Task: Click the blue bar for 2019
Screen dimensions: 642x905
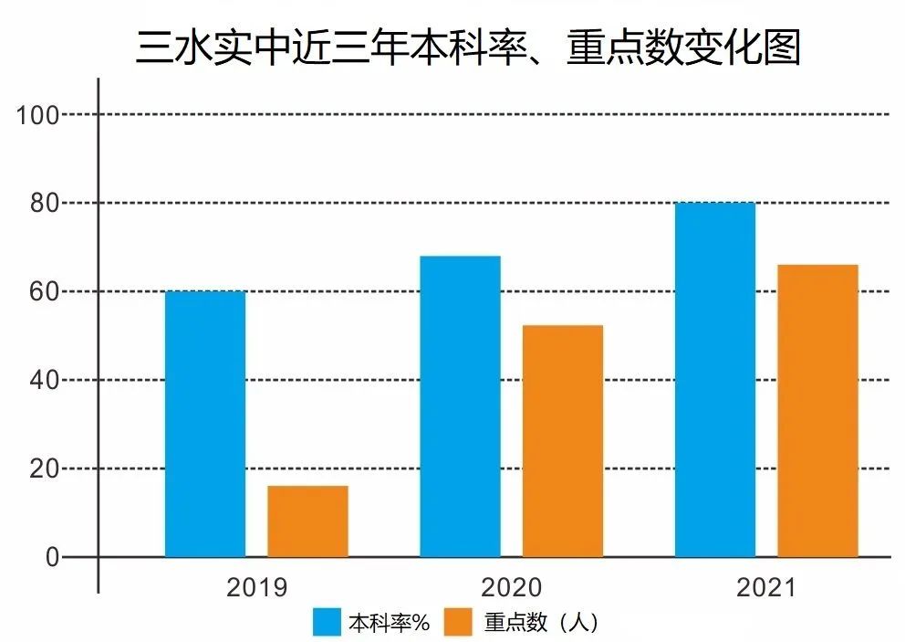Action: [205, 424]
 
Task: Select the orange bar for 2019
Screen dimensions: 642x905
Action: [307, 521]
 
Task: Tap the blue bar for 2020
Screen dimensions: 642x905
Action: [460, 406]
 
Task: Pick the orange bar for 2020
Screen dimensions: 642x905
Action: [562, 441]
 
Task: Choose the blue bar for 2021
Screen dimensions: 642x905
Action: [715, 379]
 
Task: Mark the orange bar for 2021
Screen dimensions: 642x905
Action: [817, 411]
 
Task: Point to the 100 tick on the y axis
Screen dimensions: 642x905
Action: [39, 115]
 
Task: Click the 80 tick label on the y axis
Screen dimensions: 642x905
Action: [45, 203]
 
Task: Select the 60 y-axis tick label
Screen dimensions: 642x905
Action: [45, 291]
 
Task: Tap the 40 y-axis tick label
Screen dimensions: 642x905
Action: [45, 380]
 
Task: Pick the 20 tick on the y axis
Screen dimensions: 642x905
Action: [45, 468]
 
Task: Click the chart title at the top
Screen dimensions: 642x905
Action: [468, 47]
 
